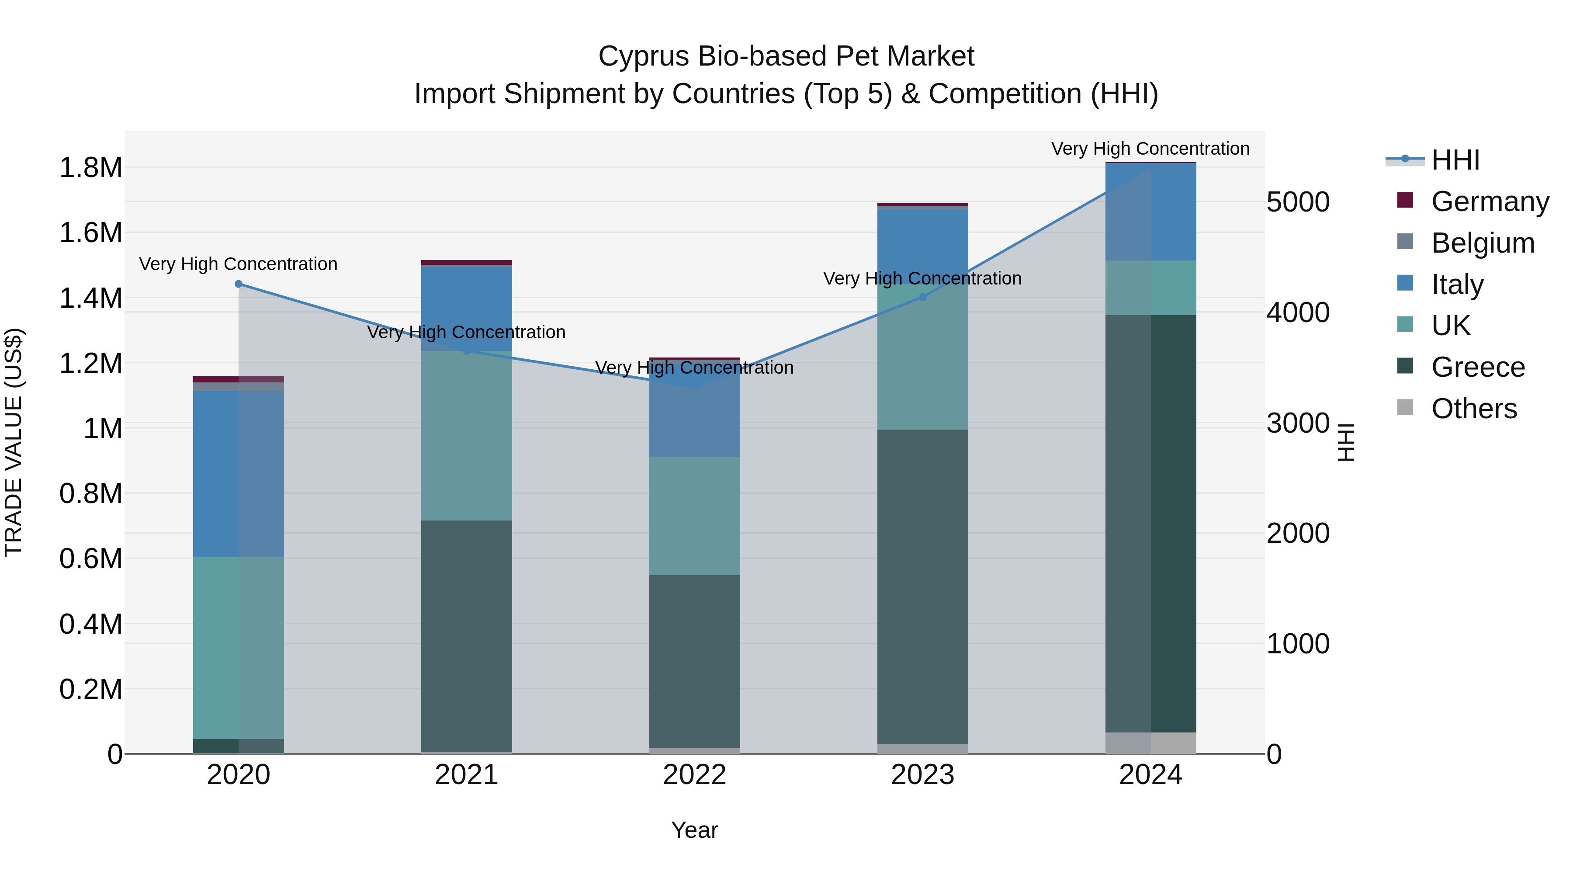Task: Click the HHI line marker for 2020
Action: coord(239,284)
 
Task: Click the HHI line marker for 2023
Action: coord(923,298)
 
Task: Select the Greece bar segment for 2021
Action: coord(467,635)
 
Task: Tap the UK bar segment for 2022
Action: coord(694,516)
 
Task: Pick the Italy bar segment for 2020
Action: coord(238,473)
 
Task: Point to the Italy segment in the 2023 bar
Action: coord(923,244)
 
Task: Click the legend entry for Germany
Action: coord(1490,201)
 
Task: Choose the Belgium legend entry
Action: coord(1482,243)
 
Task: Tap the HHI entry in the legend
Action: coord(1455,160)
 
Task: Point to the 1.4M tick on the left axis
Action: coord(90,298)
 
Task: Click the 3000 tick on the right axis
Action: coord(1298,423)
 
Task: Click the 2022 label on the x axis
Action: coord(694,775)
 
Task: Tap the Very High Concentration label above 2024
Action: coord(1150,149)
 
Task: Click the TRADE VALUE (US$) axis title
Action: coord(14,442)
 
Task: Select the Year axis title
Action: coord(694,830)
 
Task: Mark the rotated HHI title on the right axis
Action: coord(1346,442)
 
